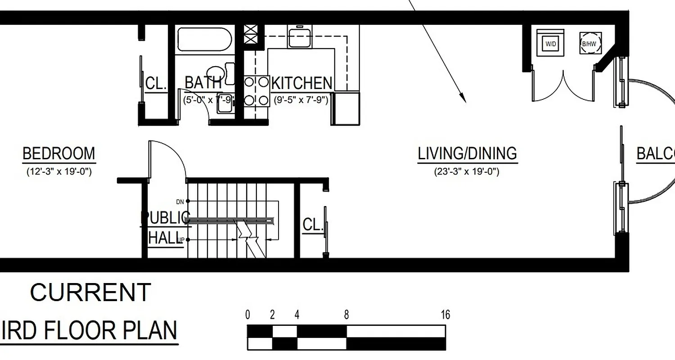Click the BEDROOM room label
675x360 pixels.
tap(58, 154)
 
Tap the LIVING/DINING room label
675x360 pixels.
tap(467, 154)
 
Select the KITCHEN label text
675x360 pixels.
tap(302, 83)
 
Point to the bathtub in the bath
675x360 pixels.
tap(204, 39)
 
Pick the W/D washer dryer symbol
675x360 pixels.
tap(550, 43)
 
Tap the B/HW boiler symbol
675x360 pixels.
tap(589, 43)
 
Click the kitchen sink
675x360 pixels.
tap(300, 36)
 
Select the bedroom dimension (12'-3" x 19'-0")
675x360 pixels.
tap(58, 171)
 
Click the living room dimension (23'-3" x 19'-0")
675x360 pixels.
tap(467, 171)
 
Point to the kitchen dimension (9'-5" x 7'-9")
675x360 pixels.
tap(301, 99)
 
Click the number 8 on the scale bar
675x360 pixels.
tap(346, 315)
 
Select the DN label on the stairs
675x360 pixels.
tap(180, 201)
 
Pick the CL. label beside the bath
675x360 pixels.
tap(156, 83)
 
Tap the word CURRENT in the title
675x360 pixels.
tap(90, 292)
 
